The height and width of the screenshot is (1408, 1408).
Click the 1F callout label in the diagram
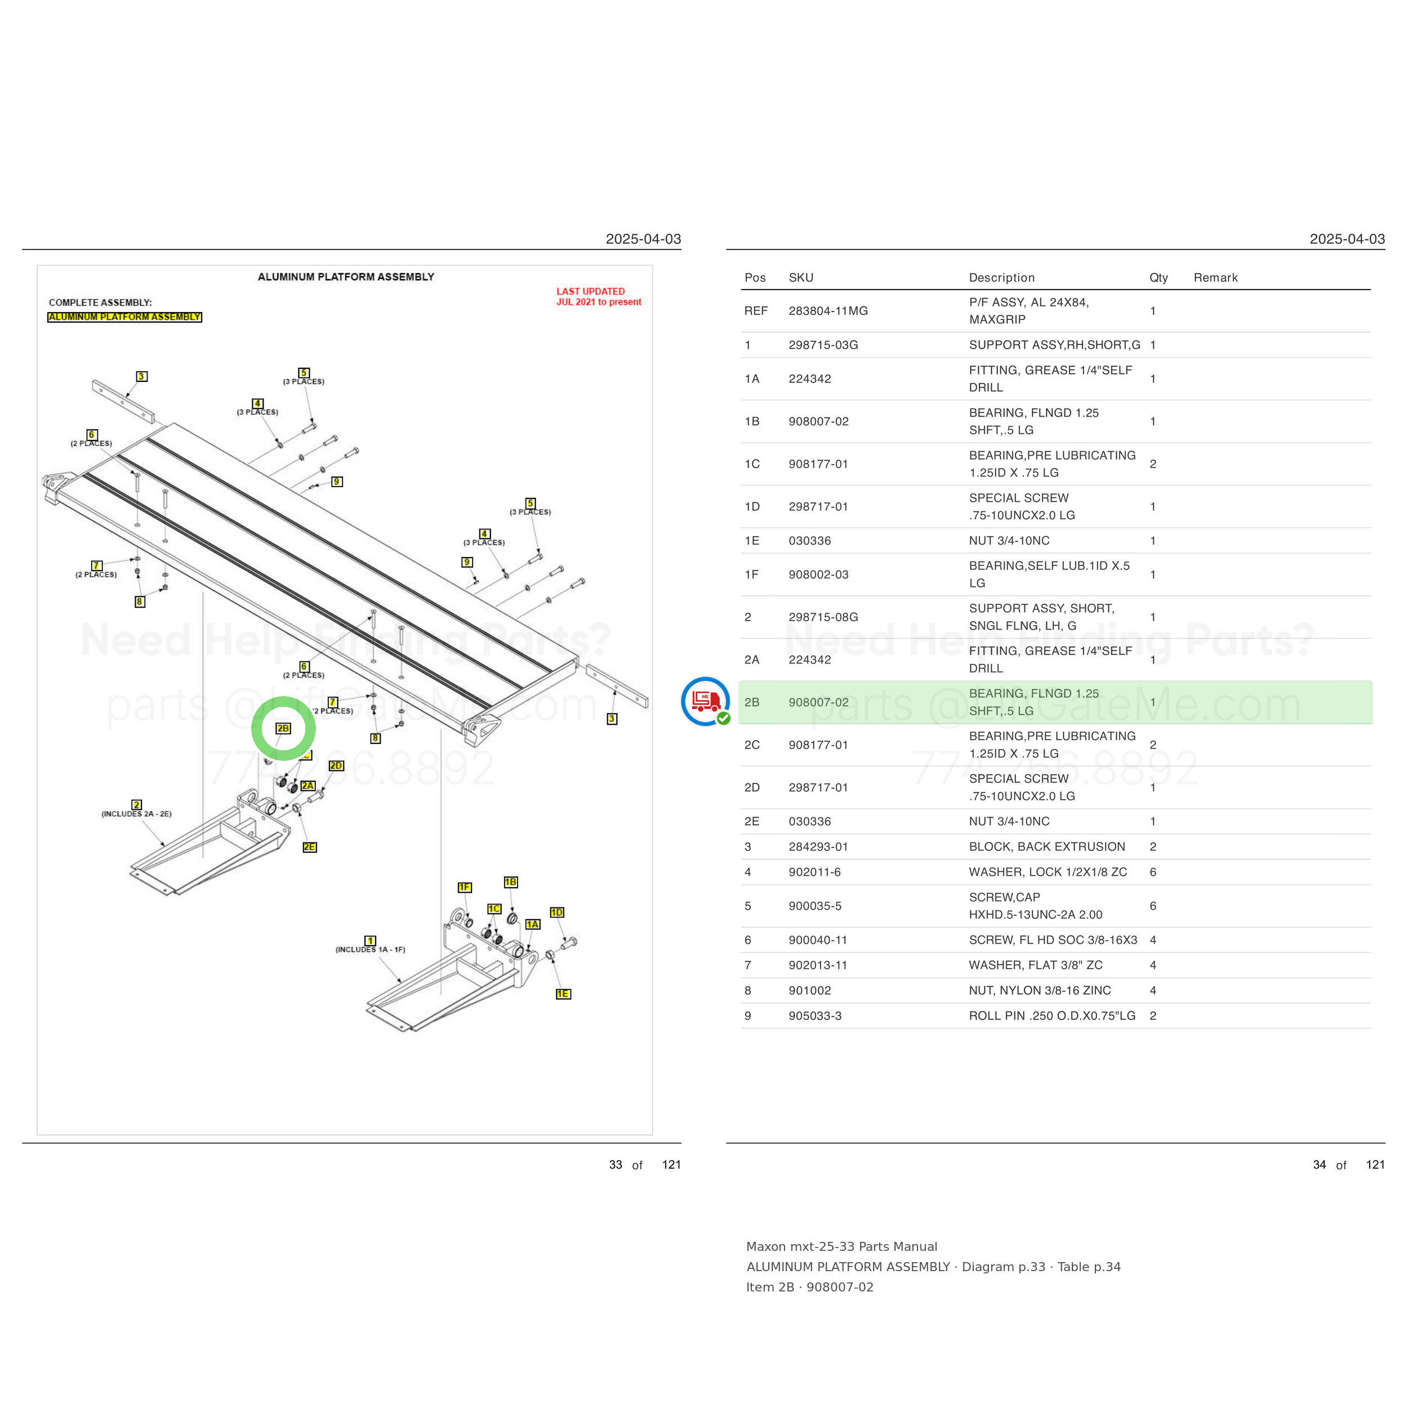point(464,887)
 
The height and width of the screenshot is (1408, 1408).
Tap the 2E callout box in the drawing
point(310,847)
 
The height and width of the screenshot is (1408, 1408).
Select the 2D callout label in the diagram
point(336,765)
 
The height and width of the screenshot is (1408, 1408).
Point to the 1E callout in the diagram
point(563,993)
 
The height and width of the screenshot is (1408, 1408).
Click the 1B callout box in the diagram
point(511,882)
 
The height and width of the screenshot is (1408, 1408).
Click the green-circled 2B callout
point(283,728)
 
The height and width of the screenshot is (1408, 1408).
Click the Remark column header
point(1215,278)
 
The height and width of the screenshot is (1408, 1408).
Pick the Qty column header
point(1159,278)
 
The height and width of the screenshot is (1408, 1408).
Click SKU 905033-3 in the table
point(815,1016)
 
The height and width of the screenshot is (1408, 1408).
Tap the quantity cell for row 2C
point(1153,745)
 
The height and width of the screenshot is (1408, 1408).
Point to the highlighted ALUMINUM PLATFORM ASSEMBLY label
point(124,317)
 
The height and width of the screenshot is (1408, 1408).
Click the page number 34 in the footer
point(1319,1165)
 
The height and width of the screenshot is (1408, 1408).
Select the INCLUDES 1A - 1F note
point(370,950)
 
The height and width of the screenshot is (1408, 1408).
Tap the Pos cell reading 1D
point(752,506)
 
